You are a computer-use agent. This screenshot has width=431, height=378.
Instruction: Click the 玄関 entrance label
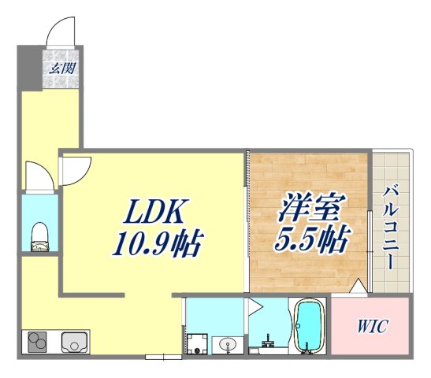click(x=63, y=69)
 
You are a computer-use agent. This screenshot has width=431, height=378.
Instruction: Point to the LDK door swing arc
click(x=76, y=169)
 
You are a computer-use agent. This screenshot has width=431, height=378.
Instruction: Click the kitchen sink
click(x=75, y=342)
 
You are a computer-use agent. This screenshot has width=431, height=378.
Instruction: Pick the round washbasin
click(x=227, y=343)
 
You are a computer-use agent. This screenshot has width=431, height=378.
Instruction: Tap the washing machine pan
click(x=197, y=343)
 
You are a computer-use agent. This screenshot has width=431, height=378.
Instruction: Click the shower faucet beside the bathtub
click(x=266, y=341)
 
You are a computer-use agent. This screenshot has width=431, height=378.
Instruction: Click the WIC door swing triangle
click(x=359, y=287)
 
